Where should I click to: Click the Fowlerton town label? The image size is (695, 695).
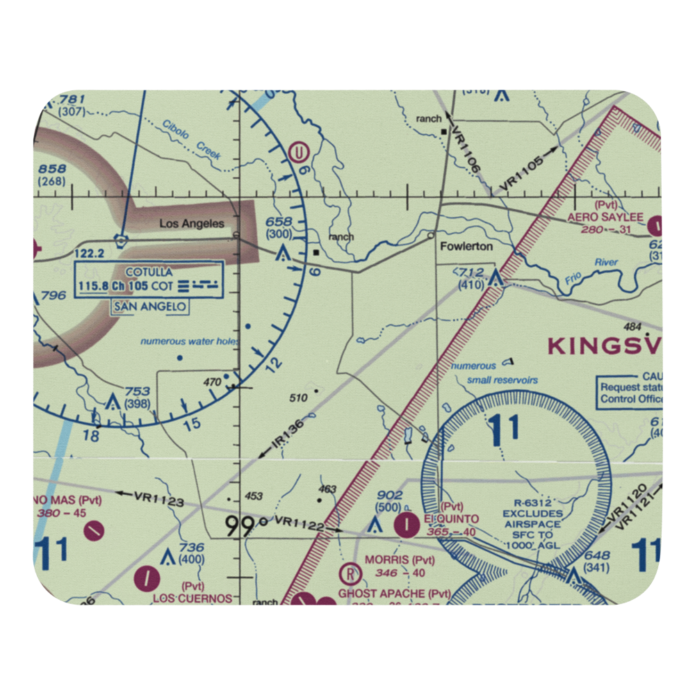(x=466, y=246)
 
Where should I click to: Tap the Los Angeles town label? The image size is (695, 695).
(x=192, y=223)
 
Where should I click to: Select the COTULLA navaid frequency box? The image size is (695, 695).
(x=149, y=279)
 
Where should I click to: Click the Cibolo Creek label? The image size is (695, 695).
(x=191, y=140)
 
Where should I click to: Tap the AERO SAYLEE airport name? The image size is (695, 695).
(x=605, y=218)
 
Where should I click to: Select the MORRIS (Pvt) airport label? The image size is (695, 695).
(x=400, y=560)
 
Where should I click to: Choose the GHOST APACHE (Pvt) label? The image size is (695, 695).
(x=394, y=594)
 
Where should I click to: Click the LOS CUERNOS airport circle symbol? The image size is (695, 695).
(x=147, y=576)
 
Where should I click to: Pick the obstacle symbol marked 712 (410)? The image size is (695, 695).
(x=496, y=279)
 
